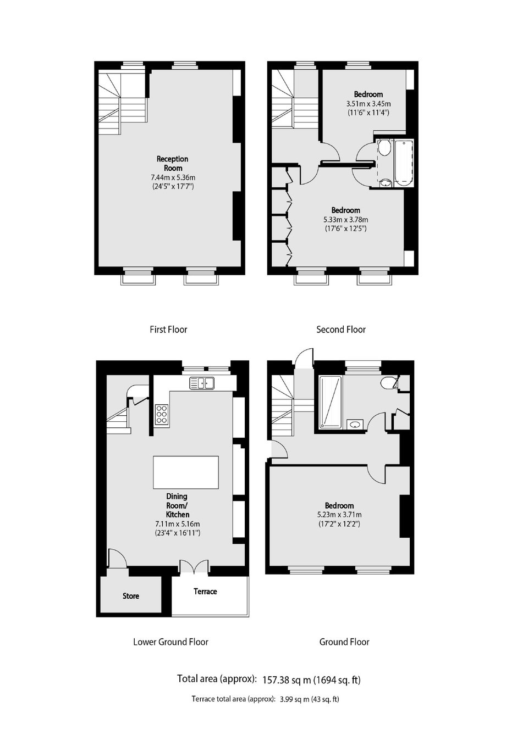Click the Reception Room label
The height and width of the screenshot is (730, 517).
click(x=173, y=163)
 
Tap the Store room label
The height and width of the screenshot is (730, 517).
click(x=131, y=596)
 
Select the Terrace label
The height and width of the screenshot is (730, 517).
click(x=205, y=591)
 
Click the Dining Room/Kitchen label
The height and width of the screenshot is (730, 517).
click(x=177, y=505)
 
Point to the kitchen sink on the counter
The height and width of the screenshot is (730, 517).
click(x=202, y=383)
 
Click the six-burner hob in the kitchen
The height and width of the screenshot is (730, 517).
click(x=162, y=414)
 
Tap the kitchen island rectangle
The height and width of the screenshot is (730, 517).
click(x=186, y=472)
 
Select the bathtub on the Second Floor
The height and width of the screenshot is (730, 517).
click(x=404, y=163)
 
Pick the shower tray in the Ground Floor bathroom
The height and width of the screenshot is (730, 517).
click(x=331, y=402)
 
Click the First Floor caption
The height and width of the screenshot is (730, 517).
click(x=168, y=330)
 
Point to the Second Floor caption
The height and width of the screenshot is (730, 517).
click(x=341, y=330)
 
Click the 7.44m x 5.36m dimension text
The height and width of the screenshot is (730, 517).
click(x=173, y=177)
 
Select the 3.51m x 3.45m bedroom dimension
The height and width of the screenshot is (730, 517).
click(x=369, y=104)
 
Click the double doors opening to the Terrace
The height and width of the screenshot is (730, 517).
click(x=194, y=566)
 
